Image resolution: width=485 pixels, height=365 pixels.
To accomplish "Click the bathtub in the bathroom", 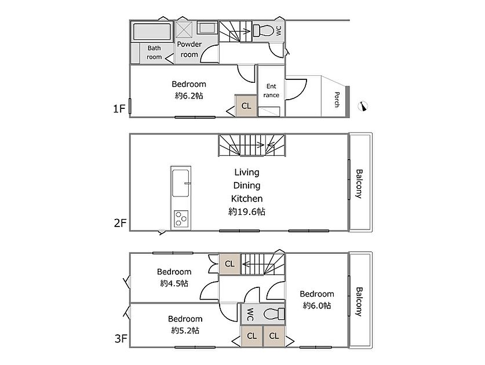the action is tap(152, 31).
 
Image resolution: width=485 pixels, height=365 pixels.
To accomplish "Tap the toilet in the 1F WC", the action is tap(263, 31).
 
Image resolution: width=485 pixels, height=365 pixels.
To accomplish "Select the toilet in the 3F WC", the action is tap(274, 314).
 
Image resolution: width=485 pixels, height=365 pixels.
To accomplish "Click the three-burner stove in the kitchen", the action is tap(181, 218).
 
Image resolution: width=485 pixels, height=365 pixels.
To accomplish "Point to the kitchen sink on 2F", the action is tap(181, 183).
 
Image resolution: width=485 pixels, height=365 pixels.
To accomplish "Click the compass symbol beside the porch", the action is tap(363, 106).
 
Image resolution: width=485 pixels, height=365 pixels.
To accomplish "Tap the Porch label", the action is tap(337, 100).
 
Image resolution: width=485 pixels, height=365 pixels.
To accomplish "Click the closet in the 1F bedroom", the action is tap(246, 106).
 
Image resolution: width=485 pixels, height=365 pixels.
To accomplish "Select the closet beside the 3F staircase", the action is tap(229, 264).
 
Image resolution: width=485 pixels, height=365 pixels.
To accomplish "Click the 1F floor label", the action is tap(119, 108).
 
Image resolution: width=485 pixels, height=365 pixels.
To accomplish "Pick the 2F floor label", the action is tap(120, 222).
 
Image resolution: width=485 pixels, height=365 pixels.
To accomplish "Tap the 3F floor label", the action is tap(121, 338).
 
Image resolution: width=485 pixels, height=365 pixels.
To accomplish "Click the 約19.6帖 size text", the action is tap(247, 211).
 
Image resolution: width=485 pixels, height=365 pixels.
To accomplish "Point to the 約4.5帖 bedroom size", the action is tap(174, 283).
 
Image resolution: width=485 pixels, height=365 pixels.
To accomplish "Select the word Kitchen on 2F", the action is tap(247, 198).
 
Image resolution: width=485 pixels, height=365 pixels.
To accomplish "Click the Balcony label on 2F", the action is tap(359, 184).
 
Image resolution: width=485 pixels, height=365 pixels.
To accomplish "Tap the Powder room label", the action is tap(189, 49).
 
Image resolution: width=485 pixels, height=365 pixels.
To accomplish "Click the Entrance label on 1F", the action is tap(271, 90).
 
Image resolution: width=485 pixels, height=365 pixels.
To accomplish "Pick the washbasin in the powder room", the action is tap(207, 28).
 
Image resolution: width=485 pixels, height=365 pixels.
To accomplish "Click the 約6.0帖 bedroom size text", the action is tap(317, 305).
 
